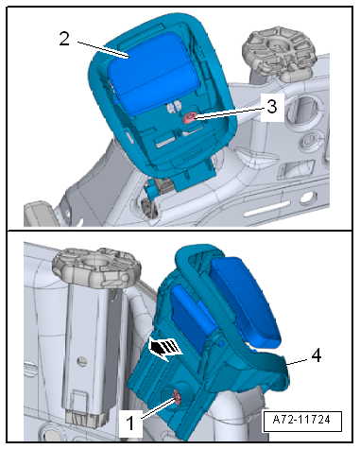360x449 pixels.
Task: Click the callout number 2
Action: [64, 39]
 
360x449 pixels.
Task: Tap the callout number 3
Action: [272, 106]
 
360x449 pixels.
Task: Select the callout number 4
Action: [316, 355]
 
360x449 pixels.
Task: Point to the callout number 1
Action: [130, 423]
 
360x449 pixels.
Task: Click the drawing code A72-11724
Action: [302, 420]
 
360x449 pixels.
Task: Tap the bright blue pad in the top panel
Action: [154, 74]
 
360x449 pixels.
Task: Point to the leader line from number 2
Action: [103, 49]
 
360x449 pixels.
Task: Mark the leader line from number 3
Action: [229, 113]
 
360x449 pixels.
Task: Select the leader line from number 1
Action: [159, 408]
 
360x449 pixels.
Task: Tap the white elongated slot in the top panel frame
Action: [267, 209]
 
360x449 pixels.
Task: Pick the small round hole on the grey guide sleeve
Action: [83, 361]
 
